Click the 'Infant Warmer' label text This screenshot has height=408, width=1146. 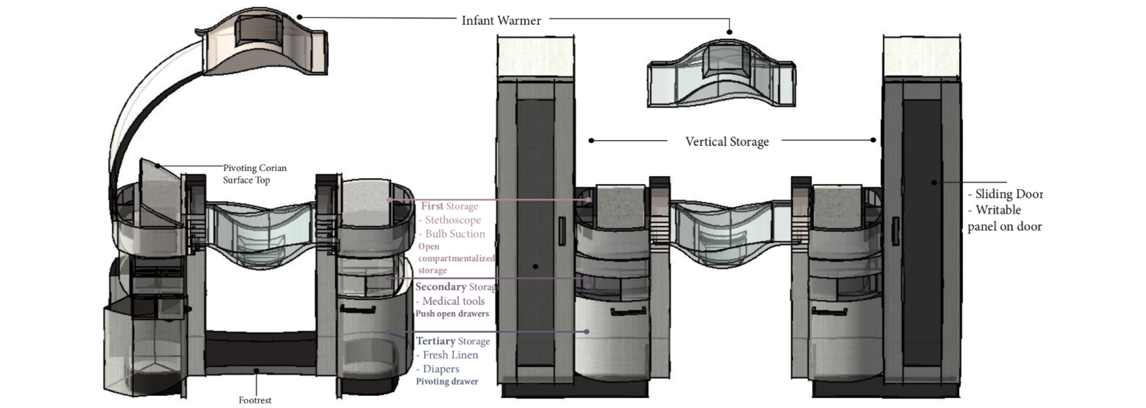click(501, 21)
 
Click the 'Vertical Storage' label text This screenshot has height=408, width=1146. click(726, 142)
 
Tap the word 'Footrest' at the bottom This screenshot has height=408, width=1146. click(255, 400)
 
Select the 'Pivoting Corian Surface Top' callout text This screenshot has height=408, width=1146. click(254, 174)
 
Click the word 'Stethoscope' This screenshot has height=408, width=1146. click(453, 220)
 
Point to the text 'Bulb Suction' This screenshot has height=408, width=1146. click(455, 234)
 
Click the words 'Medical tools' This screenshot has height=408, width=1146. click(453, 301)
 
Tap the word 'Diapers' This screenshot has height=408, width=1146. click(440, 369)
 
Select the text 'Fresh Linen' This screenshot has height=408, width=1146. click(450, 355)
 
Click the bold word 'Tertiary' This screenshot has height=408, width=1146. click(435, 341)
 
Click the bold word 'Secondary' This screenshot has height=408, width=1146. click(440, 287)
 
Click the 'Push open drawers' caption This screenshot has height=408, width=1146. click(452, 314)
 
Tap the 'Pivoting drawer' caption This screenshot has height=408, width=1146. click(447, 381)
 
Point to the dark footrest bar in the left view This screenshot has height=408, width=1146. click(260, 350)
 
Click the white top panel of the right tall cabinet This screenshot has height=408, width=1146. click(922, 57)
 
